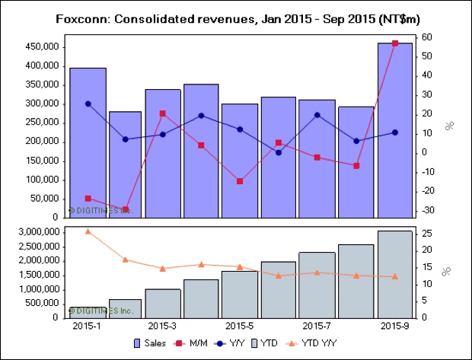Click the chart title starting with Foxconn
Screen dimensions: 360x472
click(235, 17)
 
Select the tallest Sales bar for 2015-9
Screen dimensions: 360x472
click(395, 129)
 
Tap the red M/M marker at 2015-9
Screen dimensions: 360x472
click(394, 43)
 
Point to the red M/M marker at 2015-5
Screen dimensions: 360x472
click(240, 181)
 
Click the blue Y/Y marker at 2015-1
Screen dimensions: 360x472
click(88, 104)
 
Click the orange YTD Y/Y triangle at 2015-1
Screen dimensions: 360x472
click(88, 231)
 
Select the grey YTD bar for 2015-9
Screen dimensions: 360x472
click(395, 274)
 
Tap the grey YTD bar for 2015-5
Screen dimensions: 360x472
click(240, 295)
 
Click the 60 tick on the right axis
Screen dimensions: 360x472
click(429, 37)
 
